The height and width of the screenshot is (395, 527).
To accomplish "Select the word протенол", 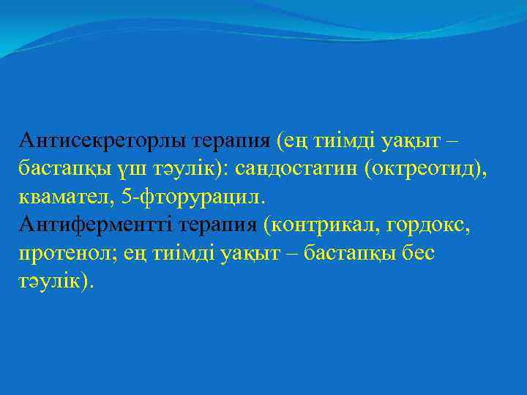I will tap(61, 253).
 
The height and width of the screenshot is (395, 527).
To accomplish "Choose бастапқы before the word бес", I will tap(354, 253).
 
